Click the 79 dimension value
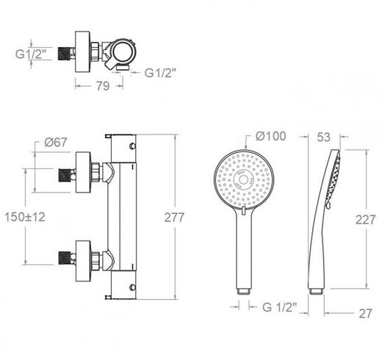102,86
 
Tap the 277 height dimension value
174,217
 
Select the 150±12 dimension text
25,217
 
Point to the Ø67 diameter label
56,143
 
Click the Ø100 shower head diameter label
270,136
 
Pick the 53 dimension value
324,137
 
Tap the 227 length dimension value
365,220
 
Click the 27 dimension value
365,314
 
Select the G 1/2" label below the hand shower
280,307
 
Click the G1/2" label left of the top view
31,54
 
